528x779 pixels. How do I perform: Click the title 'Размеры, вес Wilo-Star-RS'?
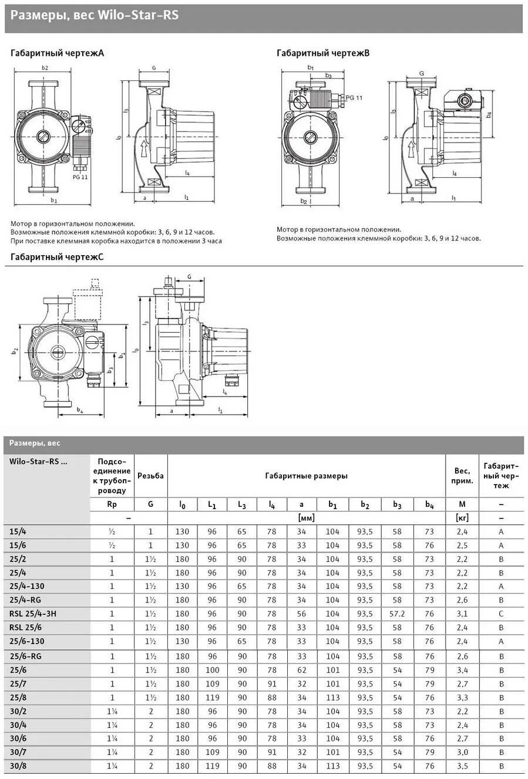[94, 16]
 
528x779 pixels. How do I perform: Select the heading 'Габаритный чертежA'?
[57, 53]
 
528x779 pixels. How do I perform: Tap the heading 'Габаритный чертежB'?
[323, 53]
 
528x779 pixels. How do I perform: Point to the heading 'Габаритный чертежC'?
[57, 257]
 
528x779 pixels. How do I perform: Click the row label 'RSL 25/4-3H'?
[34, 614]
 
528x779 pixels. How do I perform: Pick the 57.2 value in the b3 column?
[397, 614]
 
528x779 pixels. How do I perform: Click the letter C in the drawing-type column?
[501, 614]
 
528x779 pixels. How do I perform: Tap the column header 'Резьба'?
[150, 475]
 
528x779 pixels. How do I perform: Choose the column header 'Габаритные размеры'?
[306, 475]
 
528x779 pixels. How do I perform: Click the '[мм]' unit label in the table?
[306, 518]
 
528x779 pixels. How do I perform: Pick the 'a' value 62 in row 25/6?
[302, 670]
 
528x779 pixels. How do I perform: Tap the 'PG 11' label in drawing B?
[354, 97]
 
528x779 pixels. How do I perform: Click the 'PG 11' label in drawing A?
[80, 177]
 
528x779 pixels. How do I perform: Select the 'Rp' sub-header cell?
[112, 504]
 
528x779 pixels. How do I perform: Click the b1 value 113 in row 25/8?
[333, 698]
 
